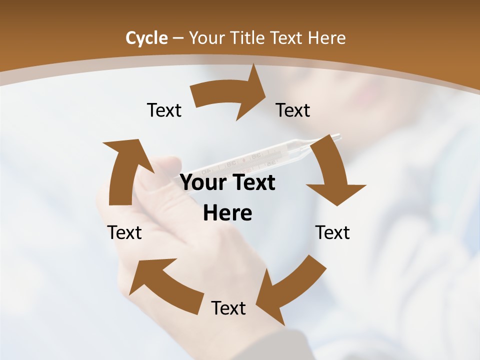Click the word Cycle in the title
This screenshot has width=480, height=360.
(x=146, y=38)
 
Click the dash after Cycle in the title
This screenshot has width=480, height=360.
(x=178, y=38)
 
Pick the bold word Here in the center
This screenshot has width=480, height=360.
(x=227, y=213)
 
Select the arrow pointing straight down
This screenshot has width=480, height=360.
(x=333, y=175)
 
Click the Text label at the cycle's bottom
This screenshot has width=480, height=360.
(x=228, y=308)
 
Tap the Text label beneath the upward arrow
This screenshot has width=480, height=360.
(x=124, y=232)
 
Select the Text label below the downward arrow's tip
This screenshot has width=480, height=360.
(x=332, y=232)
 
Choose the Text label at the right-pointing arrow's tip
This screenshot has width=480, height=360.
(x=293, y=110)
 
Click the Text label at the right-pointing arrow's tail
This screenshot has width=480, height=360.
(x=164, y=110)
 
